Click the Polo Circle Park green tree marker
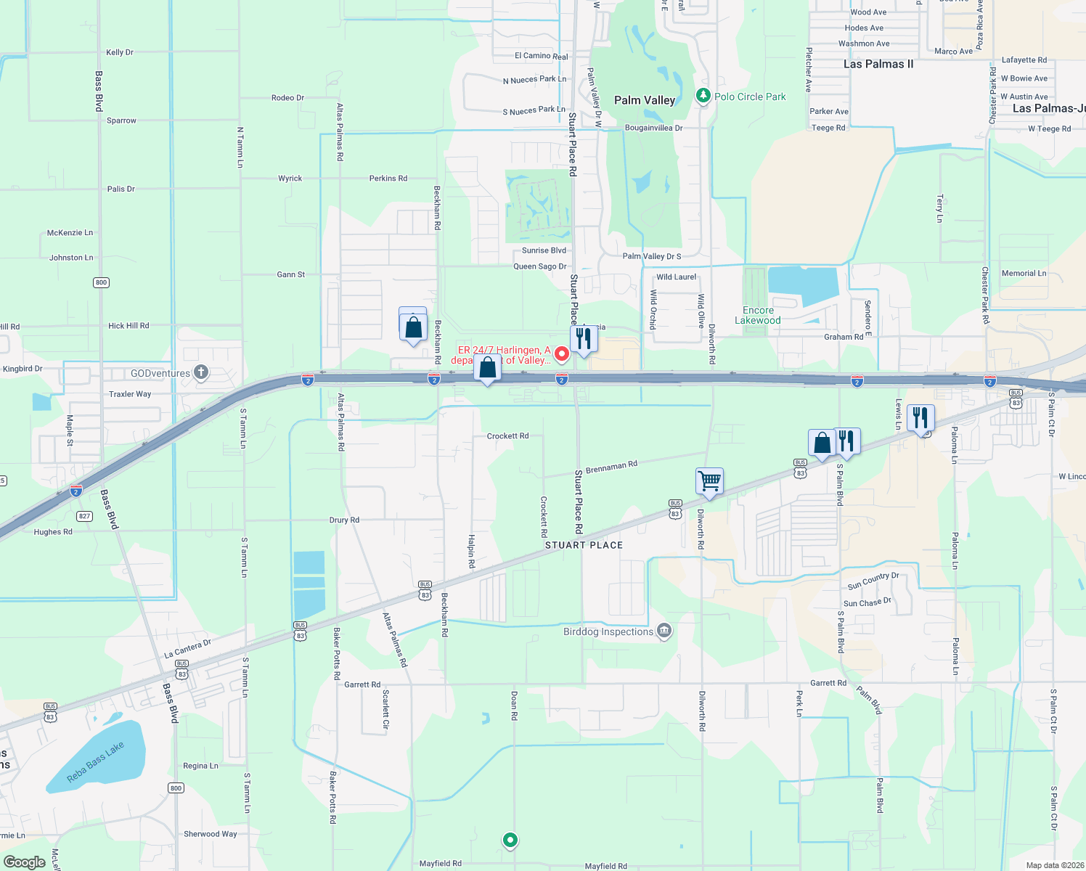[x=703, y=96]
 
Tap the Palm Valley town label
[x=645, y=100]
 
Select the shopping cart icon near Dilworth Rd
[x=709, y=481]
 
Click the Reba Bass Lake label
[x=95, y=762]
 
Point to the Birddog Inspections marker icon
[x=664, y=631]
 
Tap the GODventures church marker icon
[x=201, y=373]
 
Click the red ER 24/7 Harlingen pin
[x=561, y=354]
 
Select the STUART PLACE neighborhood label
[x=584, y=545]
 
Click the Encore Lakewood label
[x=758, y=315]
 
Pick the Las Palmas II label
[x=878, y=64]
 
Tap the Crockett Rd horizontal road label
[x=507, y=436]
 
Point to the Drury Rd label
[x=344, y=520]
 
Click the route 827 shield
[x=85, y=516]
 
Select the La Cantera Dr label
[x=187, y=648]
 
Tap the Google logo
[x=25, y=862]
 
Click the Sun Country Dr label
[x=873, y=581]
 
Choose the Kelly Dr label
[x=120, y=52]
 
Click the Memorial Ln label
[x=1024, y=274]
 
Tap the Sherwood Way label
[x=210, y=834]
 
